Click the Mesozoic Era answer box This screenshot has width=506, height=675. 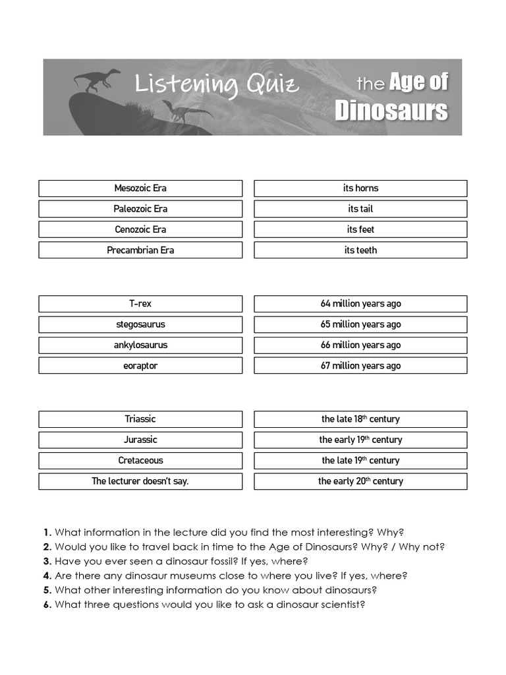tap(140, 189)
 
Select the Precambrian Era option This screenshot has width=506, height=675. tap(140, 250)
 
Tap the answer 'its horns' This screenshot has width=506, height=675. tap(360, 189)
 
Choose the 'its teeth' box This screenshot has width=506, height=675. tap(360, 250)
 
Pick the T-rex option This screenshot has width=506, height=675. tap(140, 304)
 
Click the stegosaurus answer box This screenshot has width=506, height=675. tap(140, 324)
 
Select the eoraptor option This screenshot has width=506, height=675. tap(140, 366)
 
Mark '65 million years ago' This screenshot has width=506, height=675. tap(360, 324)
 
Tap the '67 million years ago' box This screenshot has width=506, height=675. tap(360, 366)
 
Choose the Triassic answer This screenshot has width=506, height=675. tap(140, 419)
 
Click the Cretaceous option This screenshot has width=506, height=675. tap(140, 461)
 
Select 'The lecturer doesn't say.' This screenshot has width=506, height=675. tap(140, 481)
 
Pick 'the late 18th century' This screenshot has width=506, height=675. tap(360, 419)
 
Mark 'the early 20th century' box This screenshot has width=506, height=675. tap(360, 481)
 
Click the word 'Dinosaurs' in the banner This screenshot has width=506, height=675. tap(391, 110)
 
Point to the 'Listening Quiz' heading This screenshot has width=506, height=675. tap(217, 85)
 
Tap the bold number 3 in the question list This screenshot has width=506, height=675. tap(47, 561)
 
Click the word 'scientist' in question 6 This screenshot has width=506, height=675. tap(341, 604)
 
